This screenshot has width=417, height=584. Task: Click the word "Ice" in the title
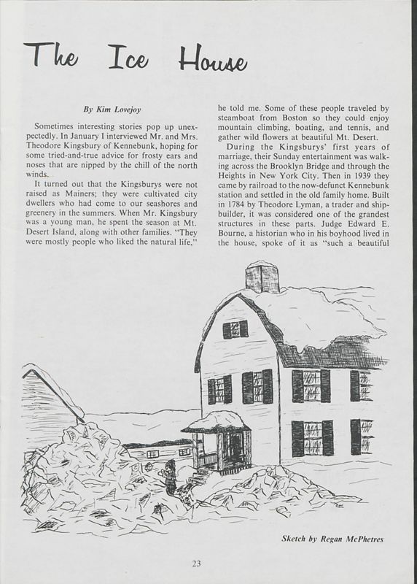point(128,58)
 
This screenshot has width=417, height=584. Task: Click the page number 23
point(197,563)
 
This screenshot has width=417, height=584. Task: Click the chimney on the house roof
point(262,277)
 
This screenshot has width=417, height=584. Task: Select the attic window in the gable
point(235,329)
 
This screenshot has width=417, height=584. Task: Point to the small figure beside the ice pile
point(169,478)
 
